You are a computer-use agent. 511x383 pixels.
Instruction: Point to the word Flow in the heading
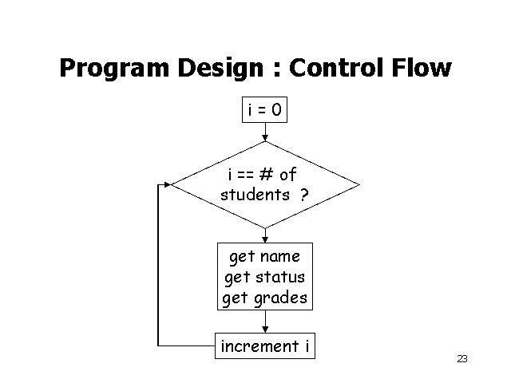click(x=424, y=69)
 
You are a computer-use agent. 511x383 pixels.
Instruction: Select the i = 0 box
click(x=264, y=110)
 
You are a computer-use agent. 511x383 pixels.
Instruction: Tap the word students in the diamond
click(x=255, y=195)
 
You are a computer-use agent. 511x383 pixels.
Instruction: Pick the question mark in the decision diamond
click(x=305, y=195)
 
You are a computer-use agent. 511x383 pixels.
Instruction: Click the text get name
click(x=264, y=257)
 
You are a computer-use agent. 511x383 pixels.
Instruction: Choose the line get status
click(x=264, y=278)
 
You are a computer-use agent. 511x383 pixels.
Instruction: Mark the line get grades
click(x=264, y=298)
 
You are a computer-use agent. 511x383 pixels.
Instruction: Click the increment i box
click(x=264, y=346)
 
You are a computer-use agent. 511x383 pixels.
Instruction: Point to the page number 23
click(x=461, y=359)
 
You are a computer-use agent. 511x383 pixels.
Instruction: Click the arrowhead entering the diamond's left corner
click(x=168, y=184)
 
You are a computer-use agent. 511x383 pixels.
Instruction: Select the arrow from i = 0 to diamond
click(x=265, y=132)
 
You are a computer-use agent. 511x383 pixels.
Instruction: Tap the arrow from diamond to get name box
click(x=265, y=235)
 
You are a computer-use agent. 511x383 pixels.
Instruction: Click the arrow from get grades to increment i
click(x=265, y=322)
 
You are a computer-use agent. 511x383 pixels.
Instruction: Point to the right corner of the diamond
click(x=358, y=184)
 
